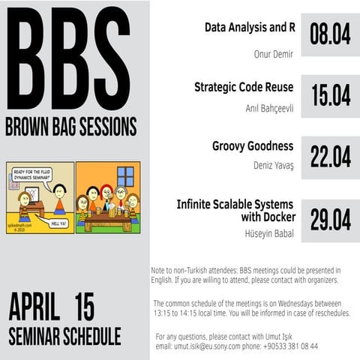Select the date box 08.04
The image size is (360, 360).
[330, 36]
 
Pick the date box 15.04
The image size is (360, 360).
[330, 96]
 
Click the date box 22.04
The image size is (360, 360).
[330, 157]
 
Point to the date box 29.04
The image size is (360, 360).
[330, 219]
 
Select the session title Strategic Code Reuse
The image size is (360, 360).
[244, 87]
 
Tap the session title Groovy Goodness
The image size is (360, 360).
[253, 146]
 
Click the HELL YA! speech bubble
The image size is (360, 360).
[55, 222]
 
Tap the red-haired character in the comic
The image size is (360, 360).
[107, 199]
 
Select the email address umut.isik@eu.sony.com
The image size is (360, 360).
[217, 346]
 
